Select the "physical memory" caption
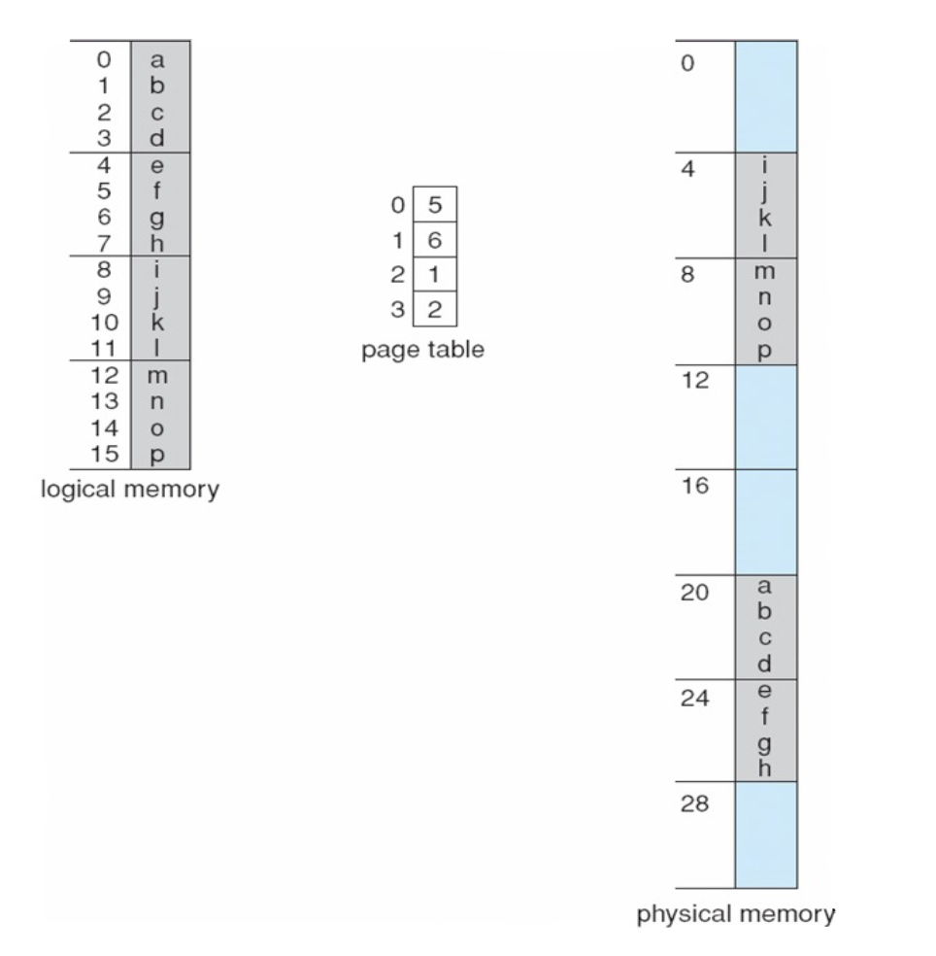(737, 915)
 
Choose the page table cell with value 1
(435, 276)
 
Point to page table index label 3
(396, 311)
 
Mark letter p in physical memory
(765, 350)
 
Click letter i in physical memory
(765, 167)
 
